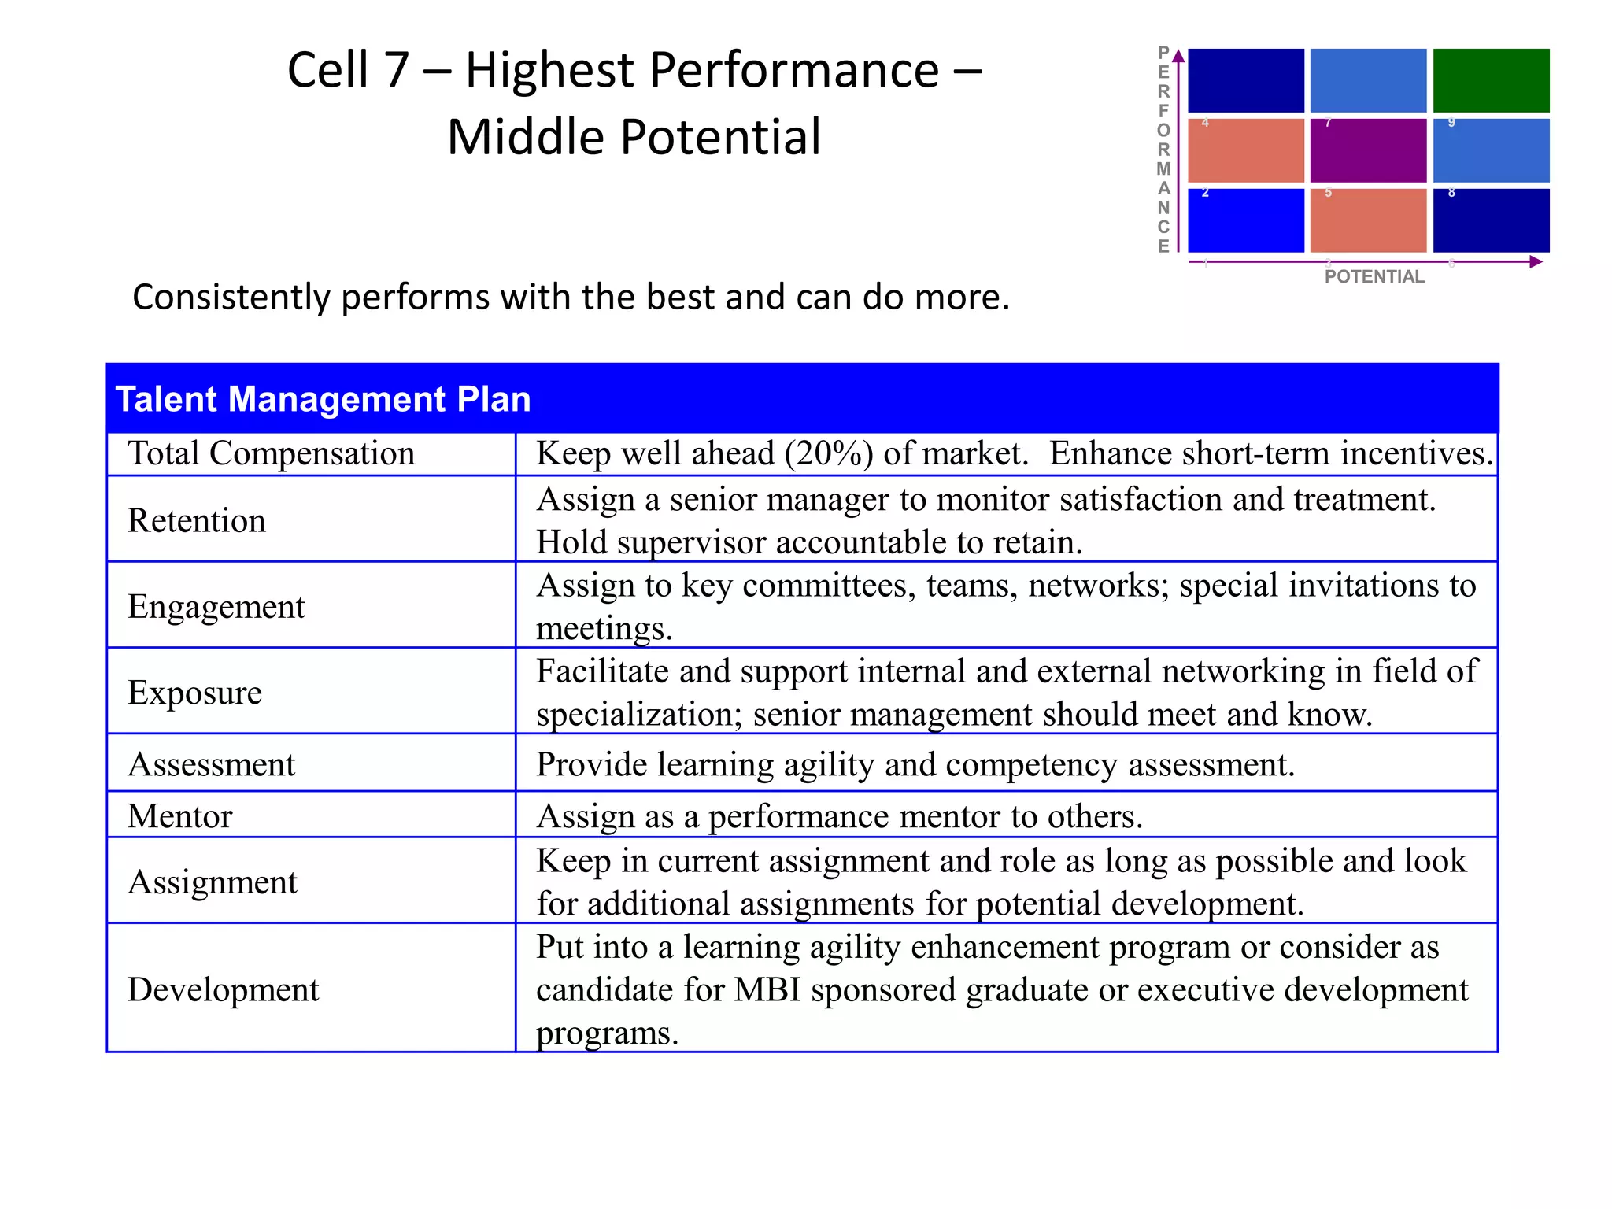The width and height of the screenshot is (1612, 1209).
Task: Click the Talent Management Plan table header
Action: click(x=323, y=399)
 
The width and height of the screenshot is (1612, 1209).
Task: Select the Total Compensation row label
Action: click(x=271, y=454)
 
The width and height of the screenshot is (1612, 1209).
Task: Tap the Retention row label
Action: click(x=197, y=521)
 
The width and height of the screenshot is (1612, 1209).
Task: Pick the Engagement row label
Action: click(x=216, y=607)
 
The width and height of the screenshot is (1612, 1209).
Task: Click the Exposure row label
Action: click(x=194, y=693)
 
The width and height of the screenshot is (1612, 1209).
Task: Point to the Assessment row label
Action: click(x=211, y=764)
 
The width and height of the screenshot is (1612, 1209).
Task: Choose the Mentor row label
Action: click(x=179, y=816)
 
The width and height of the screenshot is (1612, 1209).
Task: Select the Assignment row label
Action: click(x=212, y=882)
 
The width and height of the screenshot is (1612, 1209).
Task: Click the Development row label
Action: click(x=223, y=990)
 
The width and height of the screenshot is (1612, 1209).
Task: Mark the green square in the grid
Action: click(x=1491, y=80)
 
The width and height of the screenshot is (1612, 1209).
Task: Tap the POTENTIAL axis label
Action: click(x=1374, y=276)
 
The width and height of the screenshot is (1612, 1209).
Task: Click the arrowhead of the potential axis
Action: click(x=1536, y=262)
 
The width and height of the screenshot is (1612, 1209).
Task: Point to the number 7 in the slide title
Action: click(x=395, y=70)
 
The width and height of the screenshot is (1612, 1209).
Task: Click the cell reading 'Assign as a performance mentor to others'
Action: click(x=839, y=816)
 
